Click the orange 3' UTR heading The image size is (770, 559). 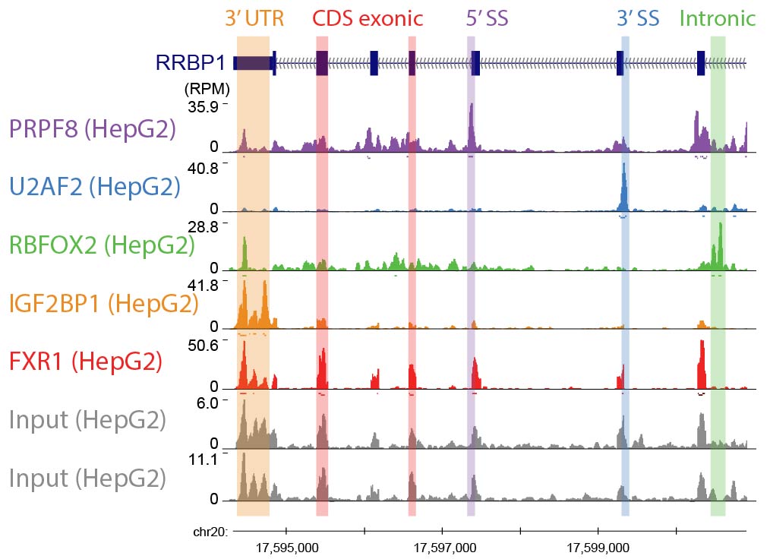click(254, 18)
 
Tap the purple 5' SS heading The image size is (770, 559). click(487, 18)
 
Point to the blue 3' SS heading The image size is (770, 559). click(638, 18)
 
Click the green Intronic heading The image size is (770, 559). click(718, 18)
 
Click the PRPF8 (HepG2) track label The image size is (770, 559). click(92, 128)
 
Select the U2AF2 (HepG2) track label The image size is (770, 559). click(95, 187)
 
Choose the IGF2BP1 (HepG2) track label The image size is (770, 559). click(103, 304)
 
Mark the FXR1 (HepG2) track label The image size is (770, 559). click(85, 362)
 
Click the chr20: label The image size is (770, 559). click(210, 532)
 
